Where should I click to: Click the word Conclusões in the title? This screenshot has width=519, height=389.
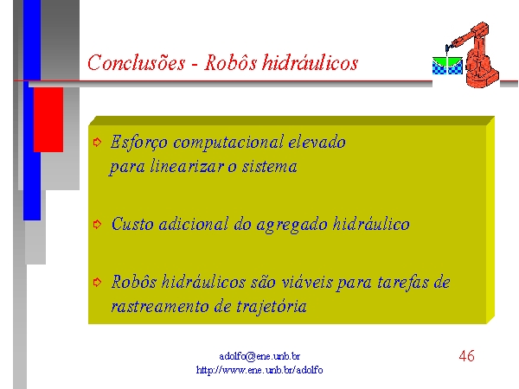pos(137,62)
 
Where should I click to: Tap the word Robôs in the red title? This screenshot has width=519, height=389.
pos(230,62)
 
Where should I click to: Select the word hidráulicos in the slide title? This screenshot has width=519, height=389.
pos(311,62)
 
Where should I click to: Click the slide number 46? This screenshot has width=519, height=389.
pos(467,356)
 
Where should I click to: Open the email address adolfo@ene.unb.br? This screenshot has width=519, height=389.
pos(259,356)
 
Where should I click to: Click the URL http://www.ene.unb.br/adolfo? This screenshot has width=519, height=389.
pos(259,369)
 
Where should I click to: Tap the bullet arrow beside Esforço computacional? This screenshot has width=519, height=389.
pos(97,143)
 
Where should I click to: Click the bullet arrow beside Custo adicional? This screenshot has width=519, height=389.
pos(97,224)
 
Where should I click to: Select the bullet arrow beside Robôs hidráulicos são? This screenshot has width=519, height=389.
pos(97,282)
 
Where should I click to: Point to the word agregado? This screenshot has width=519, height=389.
pos(292,225)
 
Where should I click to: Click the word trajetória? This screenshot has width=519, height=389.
pos(271,306)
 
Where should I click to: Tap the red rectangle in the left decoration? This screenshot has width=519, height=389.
pos(48,120)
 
